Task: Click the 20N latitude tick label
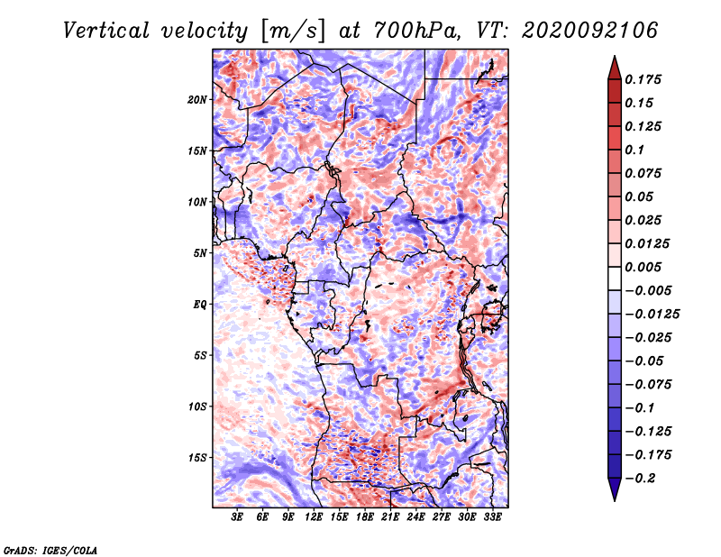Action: click(x=197, y=100)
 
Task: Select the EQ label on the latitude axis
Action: click(x=200, y=305)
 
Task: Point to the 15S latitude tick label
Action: click(x=197, y=458)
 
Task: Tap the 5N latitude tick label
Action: click(x=200, y=253)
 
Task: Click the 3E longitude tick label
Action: click(x=237, y=517)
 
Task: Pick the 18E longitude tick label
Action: click(x=365, y=517)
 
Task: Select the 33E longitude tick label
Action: click(x=492, y=517)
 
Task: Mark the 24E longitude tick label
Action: click(x=415, y=517)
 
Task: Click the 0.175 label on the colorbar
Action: click(x=643, y=79)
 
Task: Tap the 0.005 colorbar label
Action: click(x=643, y=267)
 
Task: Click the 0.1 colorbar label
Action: click(x=634, y=150)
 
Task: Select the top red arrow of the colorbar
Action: click(x=615, y=68)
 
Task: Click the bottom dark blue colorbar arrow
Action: click(x=615, y=489)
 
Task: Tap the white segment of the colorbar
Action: click(x=615, y=278)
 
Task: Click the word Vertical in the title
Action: click(x=106, y=31)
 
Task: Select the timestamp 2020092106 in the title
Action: click(x=590, y=31)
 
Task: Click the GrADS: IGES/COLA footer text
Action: click(x=50, y=550)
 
